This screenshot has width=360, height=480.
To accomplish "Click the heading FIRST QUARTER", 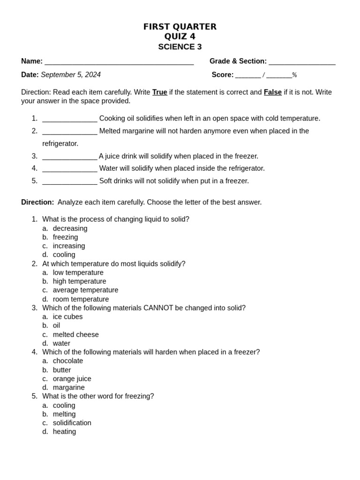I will (x=180, y=27).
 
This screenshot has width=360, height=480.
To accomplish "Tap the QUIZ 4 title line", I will (x=180, y=37).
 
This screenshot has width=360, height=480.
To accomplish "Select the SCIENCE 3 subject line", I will (x=180, y=47).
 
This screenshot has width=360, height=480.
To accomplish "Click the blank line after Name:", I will (x=119, y=62).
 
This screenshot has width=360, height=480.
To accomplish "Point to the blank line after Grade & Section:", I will (x=302, y=62).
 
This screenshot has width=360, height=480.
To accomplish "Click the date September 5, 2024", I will (x=71, y=75).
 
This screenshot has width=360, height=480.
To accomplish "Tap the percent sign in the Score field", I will (x=294, y=75).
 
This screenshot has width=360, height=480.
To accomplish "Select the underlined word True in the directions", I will (x=160, y=92).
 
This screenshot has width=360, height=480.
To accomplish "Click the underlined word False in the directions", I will (x=273, y=92).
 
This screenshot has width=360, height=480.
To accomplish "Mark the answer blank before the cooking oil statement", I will (x=70, y=119).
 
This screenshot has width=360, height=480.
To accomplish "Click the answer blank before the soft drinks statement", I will (x=70, y=181).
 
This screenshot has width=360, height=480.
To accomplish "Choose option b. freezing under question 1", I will (x=65, y=237).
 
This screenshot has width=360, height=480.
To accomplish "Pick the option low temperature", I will (x=78, y=272).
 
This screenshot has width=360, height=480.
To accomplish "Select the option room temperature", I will (x=81, y=299).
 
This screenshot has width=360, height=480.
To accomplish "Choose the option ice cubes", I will (x=67, y=316).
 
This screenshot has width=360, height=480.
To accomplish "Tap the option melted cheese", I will (x=75, y=335).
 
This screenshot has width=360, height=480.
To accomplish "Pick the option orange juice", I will (x=72, y=379).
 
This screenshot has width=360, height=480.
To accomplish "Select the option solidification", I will (x=72, y=423).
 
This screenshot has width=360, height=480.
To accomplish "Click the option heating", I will (x=64, y=432).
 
